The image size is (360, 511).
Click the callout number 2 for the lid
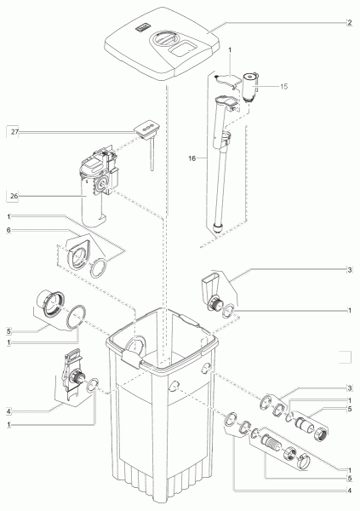tap(349, 22)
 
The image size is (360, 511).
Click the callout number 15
tap(283, 86)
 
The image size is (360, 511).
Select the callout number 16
tap(191, 158)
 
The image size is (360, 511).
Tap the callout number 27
tap(14, 132)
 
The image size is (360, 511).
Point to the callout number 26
tap(14, 196)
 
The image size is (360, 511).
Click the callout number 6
tap(9, 230)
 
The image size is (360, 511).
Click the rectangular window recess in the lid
tap(182, 49)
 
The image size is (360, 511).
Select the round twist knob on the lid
tap(165, 38)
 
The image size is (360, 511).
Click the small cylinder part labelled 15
tap(249, 87)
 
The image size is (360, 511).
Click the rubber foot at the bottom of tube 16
tap(216, 227)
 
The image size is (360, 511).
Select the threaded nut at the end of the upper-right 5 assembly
tap(321, 433)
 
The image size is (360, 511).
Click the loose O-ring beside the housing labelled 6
tap(99, 268)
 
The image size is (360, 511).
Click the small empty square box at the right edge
tap(345, 357)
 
